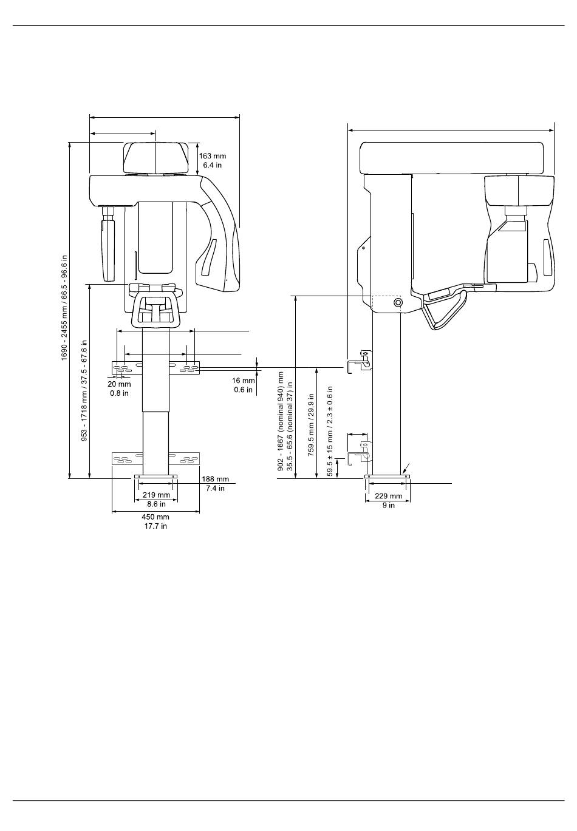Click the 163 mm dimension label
click(213, 156)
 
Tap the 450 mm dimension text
click(155, 517)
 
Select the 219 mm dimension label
click(156, 495)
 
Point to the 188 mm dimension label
click(216, 479)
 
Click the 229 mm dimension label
click(388, 496)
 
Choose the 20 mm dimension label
click(119, 384)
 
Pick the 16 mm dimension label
click(243, 381)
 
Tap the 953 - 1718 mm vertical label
click(84, 390)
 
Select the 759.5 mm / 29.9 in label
click(311, 425)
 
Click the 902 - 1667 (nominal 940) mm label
click(281, 421)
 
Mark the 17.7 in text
click(155, 526)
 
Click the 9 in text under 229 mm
click(389, 505)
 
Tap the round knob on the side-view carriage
click(398, 302)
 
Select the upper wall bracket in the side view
click(360, 361)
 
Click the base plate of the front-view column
click(155, 477)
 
